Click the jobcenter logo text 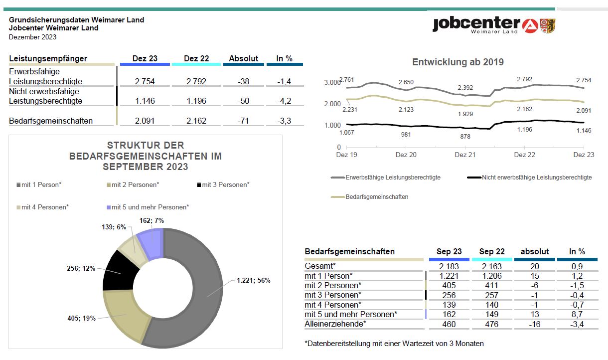(476, 24)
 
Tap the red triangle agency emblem (530, 26)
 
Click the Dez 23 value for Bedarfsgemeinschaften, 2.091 (145, 121)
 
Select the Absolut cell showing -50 (244, 101)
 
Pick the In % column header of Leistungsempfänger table (284, 58)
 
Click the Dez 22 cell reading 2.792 (196, 81)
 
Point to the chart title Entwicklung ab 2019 (458, 62)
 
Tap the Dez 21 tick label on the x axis (465, 155)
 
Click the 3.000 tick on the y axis (332, 82)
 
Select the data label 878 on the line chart (465, 136)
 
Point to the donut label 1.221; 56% (254, 280)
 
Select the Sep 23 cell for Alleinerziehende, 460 (449, 324)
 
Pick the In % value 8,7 (577, 315)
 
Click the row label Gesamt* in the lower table (320, 266)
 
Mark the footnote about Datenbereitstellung (394, 344)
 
